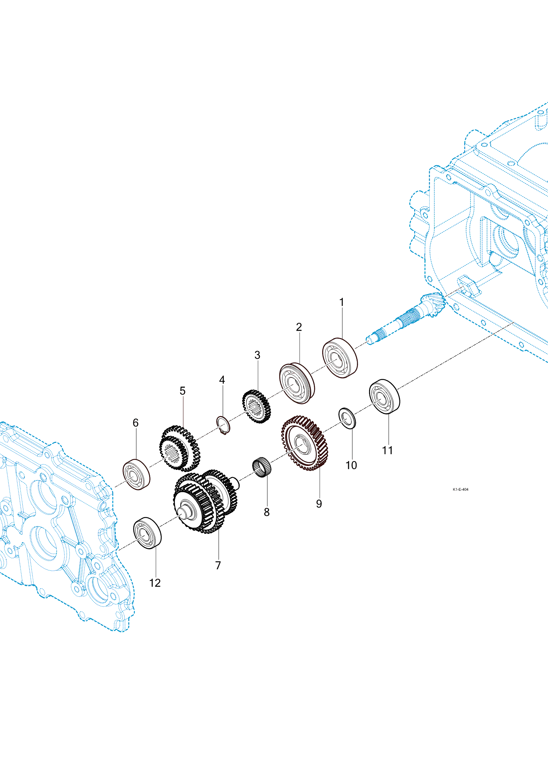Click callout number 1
tap(342, 303)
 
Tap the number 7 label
tap(218, 565)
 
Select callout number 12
tap(155, 583)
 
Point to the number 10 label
tap(351, 465)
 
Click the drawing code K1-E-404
tap(460, 489)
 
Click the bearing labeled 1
tap(340, 358)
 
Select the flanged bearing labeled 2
tap(297, 383)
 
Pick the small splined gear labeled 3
tap(256, 406)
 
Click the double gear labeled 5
tap(179, 448)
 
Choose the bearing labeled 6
tap(136, 474)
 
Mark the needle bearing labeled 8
tap(262, 467)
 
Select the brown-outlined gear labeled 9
tap(304, 443)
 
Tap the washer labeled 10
tap(347, 418)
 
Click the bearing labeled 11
tap(384, 396)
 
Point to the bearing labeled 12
tap(147, 533)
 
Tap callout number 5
tap(183, 391)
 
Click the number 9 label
tap(319, 504)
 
